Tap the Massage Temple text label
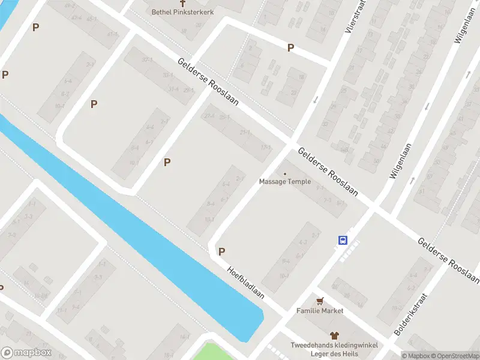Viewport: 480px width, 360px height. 285,182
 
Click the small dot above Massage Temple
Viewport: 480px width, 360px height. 285,173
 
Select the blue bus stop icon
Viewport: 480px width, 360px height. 343,240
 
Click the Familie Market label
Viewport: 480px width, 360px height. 320,311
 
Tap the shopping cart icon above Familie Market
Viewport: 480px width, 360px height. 320,301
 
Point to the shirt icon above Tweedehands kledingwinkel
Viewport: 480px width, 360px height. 334,336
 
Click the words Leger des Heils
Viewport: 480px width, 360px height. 334,353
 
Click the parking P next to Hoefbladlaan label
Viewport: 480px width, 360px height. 221,252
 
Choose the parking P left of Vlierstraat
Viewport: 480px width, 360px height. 290,48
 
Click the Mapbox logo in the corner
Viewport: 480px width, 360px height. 25,353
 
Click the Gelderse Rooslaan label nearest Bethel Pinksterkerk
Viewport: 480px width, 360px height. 208,82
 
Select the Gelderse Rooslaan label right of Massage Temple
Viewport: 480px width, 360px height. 328,172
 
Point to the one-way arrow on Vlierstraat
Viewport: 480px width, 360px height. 315,99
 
